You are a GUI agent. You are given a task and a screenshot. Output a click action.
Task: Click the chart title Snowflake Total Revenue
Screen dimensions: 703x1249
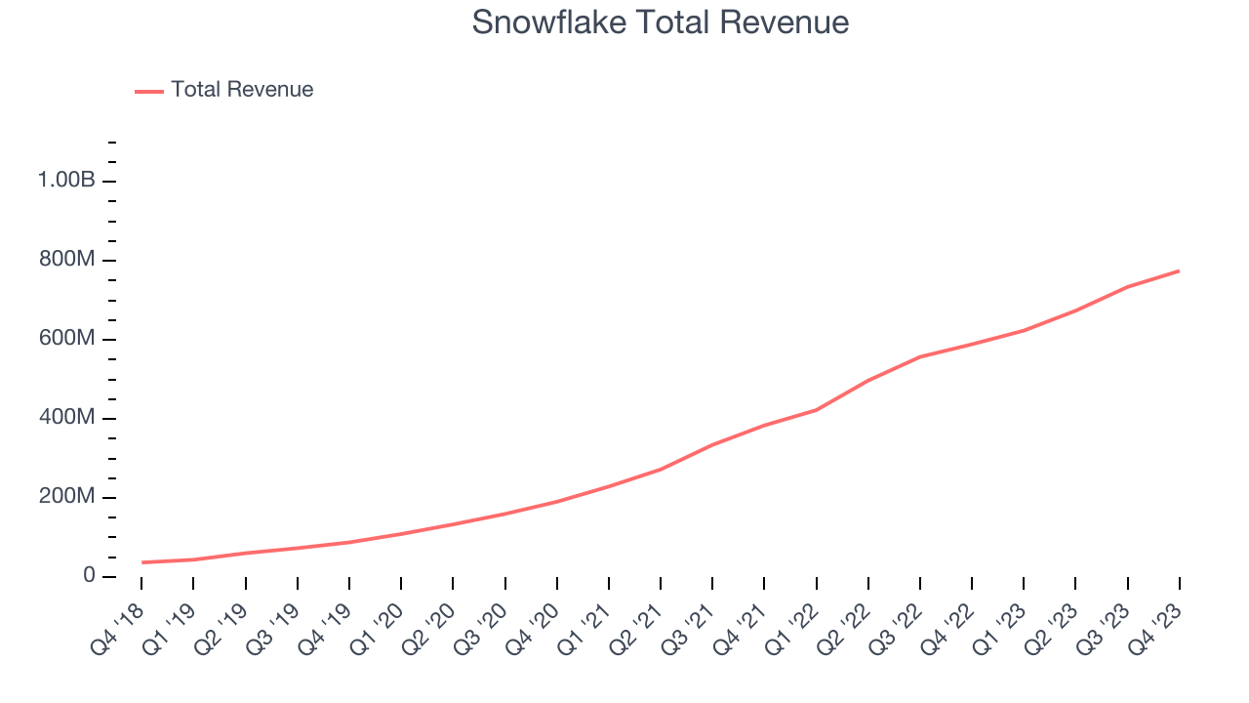pos(660,22)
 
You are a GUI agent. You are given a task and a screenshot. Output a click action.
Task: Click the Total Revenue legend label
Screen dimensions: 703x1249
pos(242,90)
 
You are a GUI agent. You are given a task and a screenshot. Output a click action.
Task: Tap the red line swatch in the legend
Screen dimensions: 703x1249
pos(149,91)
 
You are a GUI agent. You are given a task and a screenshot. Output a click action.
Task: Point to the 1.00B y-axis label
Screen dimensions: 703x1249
pos(66,181)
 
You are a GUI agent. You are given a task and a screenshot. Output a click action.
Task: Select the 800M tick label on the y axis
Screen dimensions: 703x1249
pos(66,260)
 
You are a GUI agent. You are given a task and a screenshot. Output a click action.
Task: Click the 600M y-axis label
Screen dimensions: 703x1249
pos(66,339)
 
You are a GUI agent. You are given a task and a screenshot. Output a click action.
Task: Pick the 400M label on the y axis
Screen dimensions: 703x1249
pos(66,418)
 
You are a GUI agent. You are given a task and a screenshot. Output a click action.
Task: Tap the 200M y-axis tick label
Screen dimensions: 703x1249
pos(66,497)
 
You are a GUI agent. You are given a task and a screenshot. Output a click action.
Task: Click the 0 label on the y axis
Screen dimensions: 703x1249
pos(88,576)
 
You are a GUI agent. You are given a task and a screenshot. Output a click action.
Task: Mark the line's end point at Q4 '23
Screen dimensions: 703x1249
pos(1179,270)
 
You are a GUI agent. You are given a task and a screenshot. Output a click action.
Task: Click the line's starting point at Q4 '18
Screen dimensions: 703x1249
pos(141,562)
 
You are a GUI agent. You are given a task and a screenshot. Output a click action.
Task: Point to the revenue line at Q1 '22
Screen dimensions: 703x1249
pos(816,410)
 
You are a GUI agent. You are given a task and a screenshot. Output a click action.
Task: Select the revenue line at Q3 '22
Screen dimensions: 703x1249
pos(919,357)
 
